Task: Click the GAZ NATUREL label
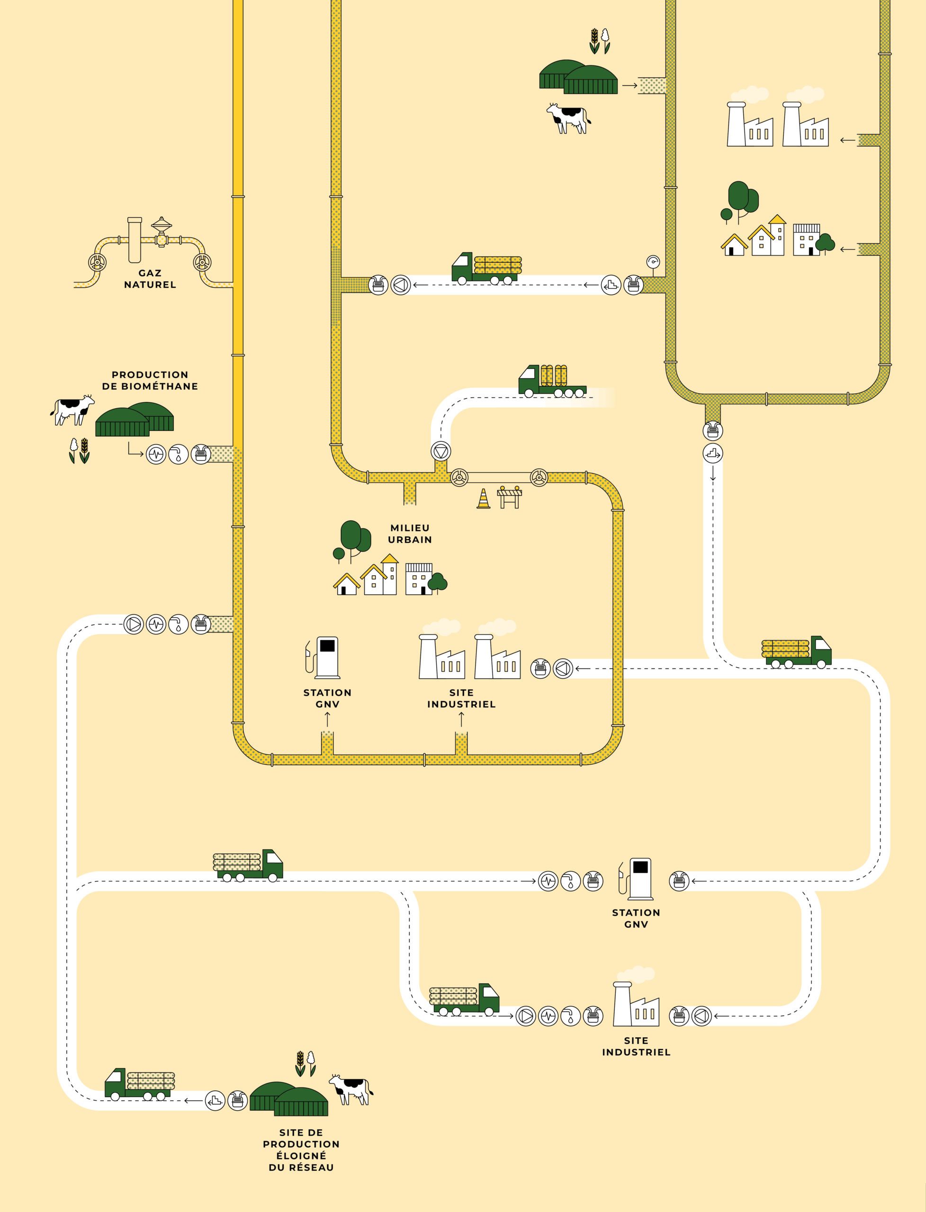(x=150, y=279)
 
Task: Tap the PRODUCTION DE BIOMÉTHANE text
(x=150, y=380)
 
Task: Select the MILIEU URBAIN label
(x=410, y=533)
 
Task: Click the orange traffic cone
(x=484, y=499)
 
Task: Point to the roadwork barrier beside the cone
(x=509, y=497)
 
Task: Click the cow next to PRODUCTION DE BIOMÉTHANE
(x=72, y=410)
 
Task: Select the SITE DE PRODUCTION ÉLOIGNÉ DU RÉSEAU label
(x=301, y=1150)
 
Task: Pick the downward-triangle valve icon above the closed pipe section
(x=441, y=451)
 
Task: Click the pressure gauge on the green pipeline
(x=653, y=261)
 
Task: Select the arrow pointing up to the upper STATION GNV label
(x=327, y=719)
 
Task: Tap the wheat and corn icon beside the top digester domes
(x=600, y=41)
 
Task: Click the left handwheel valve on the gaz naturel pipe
(x=98, y=262)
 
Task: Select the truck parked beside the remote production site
(x=139, y=1084)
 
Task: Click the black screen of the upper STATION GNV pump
(x=327, y=645)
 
